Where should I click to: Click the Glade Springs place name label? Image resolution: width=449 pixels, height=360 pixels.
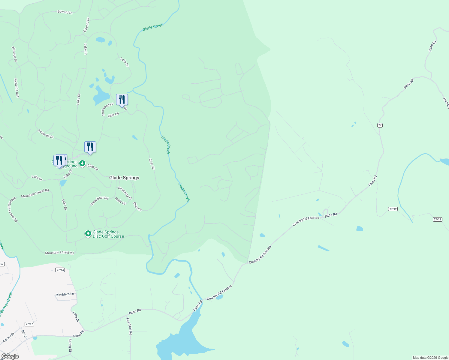pyautogui.click(x=124, y=178)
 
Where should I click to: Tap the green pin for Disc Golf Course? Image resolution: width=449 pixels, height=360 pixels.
pyautogui.click(x=88, y=233)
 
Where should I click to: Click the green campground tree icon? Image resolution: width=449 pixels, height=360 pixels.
pyautogui.click(x=82, y=163)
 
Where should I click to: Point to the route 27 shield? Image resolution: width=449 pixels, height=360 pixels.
pyautogui.click(x=380, y=125)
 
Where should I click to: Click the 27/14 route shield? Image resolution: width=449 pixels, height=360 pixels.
pyautogui.click(x=60, y=270)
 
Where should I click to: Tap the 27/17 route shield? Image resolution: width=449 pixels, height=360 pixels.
pyautogui.click(x=29, y=324)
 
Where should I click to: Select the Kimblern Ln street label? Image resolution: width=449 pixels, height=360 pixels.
pyautogui.click(x=65, y=294)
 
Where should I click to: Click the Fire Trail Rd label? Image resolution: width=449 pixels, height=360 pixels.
pyautogui.click(x=129, y=326)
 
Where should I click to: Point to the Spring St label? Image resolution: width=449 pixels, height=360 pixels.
pyautogui.click(x=70, y=345)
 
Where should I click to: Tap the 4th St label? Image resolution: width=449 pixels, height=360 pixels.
pyautogui.click(x=23, y=334)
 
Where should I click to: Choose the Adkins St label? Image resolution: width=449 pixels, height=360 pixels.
pyautogui.click(x=8, y=338)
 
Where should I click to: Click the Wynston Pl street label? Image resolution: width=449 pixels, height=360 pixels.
pyautogui.click(x=14, y=54)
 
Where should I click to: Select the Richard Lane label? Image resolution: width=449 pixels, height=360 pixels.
pyautogui.click(x=17, y=88)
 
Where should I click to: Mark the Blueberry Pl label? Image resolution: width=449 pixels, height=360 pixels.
pyautogui.click(x=125, y=193)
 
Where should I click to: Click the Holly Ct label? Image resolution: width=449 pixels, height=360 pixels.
pyautogui.click(x=120, y=201)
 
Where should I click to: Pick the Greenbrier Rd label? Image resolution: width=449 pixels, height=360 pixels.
pyautogui.click(x=99, y=201)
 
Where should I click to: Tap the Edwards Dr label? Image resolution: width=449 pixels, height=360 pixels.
pyautogui.click(x=46, y=134)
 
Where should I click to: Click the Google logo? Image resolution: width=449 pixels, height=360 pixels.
pyautogui.click(x=10, y=356)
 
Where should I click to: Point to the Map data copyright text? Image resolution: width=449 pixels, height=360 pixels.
pyautogui.click(x=430, y=358)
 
